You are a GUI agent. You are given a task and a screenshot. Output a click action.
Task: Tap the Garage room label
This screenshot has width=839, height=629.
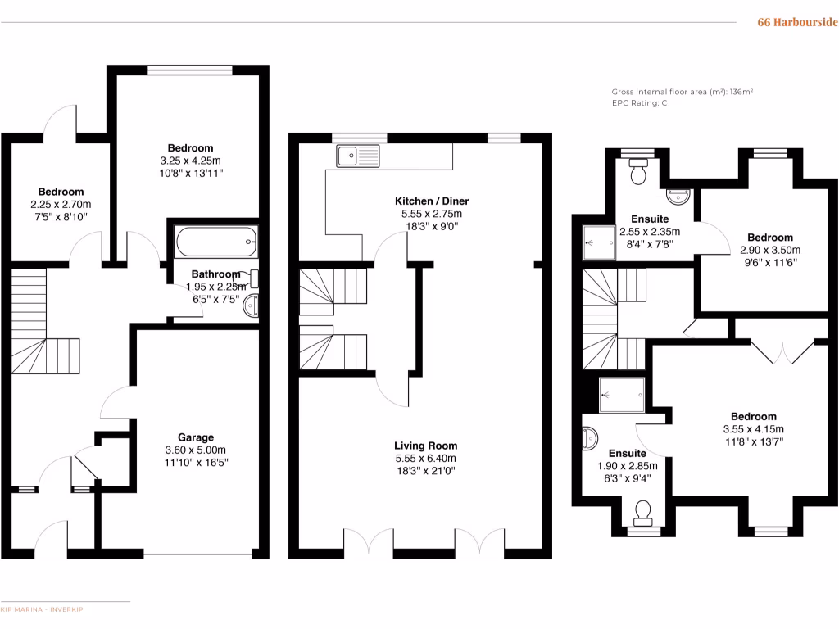tap(196, 437)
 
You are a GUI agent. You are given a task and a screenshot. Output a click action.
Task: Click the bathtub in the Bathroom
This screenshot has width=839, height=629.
tap(215, 242)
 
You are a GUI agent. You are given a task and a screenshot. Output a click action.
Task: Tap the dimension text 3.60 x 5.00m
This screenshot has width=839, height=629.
tap(196, 450)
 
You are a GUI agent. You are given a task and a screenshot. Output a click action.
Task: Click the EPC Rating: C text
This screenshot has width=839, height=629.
tap(639, 103)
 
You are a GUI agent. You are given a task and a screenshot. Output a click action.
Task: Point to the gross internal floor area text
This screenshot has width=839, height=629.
tap(682, 92)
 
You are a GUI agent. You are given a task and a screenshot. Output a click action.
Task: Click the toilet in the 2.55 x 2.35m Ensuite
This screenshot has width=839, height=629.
tap(638, 172)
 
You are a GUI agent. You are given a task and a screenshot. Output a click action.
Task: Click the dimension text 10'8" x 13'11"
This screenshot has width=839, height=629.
tap(192, 173)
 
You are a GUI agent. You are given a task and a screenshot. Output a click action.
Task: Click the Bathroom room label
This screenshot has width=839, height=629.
tap(215, 274)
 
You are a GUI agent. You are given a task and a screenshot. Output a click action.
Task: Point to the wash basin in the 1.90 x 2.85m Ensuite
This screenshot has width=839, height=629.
tap(590, 440)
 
